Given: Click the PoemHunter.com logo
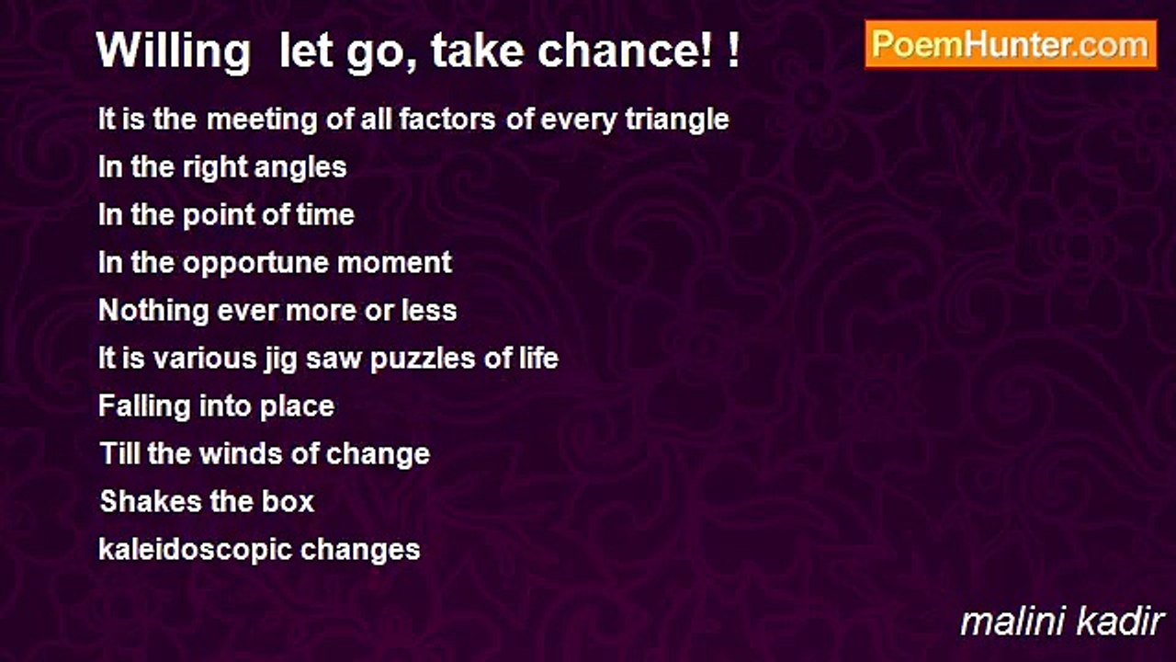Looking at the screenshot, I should tap(1011, 44).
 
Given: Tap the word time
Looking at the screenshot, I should tap(324, 215).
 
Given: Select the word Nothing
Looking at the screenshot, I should tap(153, 311).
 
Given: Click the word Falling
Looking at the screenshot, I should tap(144, 406).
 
